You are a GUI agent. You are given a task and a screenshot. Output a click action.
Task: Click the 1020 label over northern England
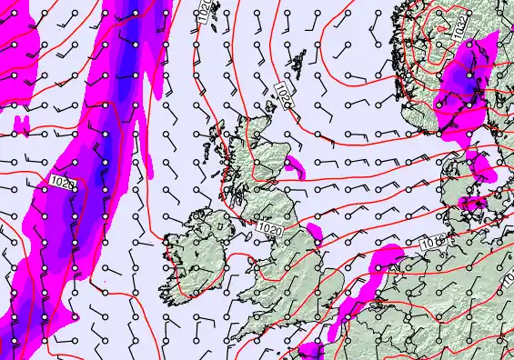[x=268, y=226]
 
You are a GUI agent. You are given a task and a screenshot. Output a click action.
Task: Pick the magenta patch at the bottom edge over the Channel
[x=311, y=350]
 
